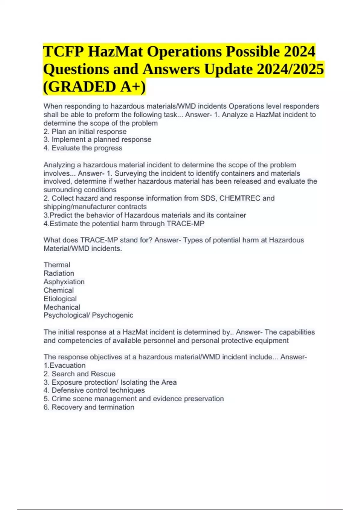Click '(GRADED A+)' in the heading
pyautogui.click(x=94, y=87)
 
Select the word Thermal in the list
pyautogui.click(x=57, y=265)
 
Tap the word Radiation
pyautogui.click(x=59, y=273)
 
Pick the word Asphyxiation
pyautogui.click(x=64, y=282)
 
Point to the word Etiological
pyautogui.click(x=60, y=299)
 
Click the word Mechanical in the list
pyautogui.click(x=62, y=307)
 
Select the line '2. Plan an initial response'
pyautogui.click(x=85, y=132)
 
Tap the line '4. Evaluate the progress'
pyautogui.click(x=83, y=148)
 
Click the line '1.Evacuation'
pyautogui.click(x=64, y=365)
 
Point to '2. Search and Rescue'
pyautogui.click(x=79, y=374)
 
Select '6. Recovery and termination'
pyautogui.click(x=89, y=407)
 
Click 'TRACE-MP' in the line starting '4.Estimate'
pyautogui.click(x=185, y=224)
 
